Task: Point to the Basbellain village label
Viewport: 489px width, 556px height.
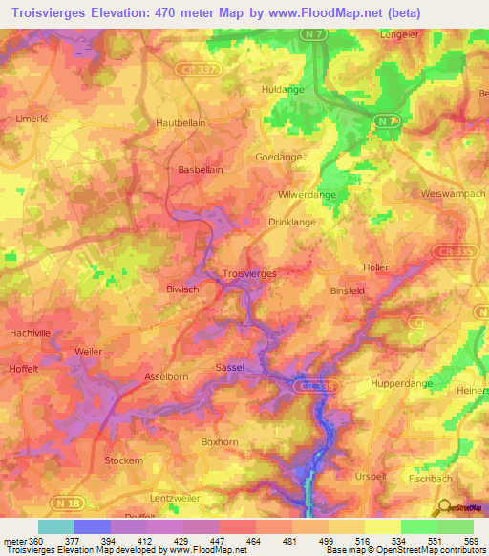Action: click(x=201, y=170)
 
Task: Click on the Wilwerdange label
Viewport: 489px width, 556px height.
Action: click(x=306, y=194)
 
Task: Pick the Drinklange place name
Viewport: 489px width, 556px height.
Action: click(x=291, y=222)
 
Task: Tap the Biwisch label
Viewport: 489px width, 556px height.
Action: click(x=181, y=288)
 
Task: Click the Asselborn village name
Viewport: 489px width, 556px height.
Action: click(x=166, y=376)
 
